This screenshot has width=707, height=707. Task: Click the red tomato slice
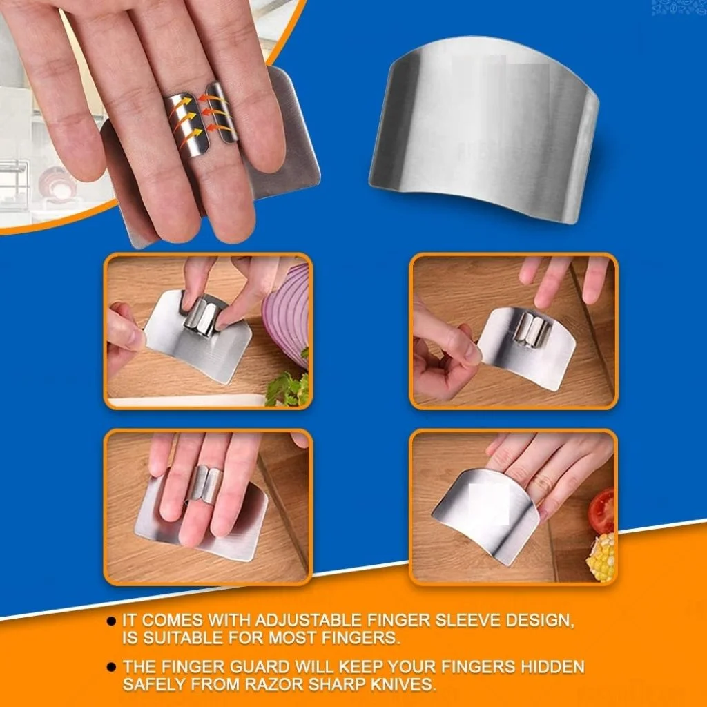point(602,512)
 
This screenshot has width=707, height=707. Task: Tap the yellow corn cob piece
point(601,557)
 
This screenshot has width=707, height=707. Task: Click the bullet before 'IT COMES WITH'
point(111,621)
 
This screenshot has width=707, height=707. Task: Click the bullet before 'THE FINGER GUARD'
point(111,667)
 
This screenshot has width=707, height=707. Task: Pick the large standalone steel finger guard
point(484,130)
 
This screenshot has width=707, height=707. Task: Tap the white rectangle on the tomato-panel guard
point(490,504)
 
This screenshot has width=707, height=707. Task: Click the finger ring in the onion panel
point(201,315)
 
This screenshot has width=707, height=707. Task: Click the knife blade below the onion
point(187,400)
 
